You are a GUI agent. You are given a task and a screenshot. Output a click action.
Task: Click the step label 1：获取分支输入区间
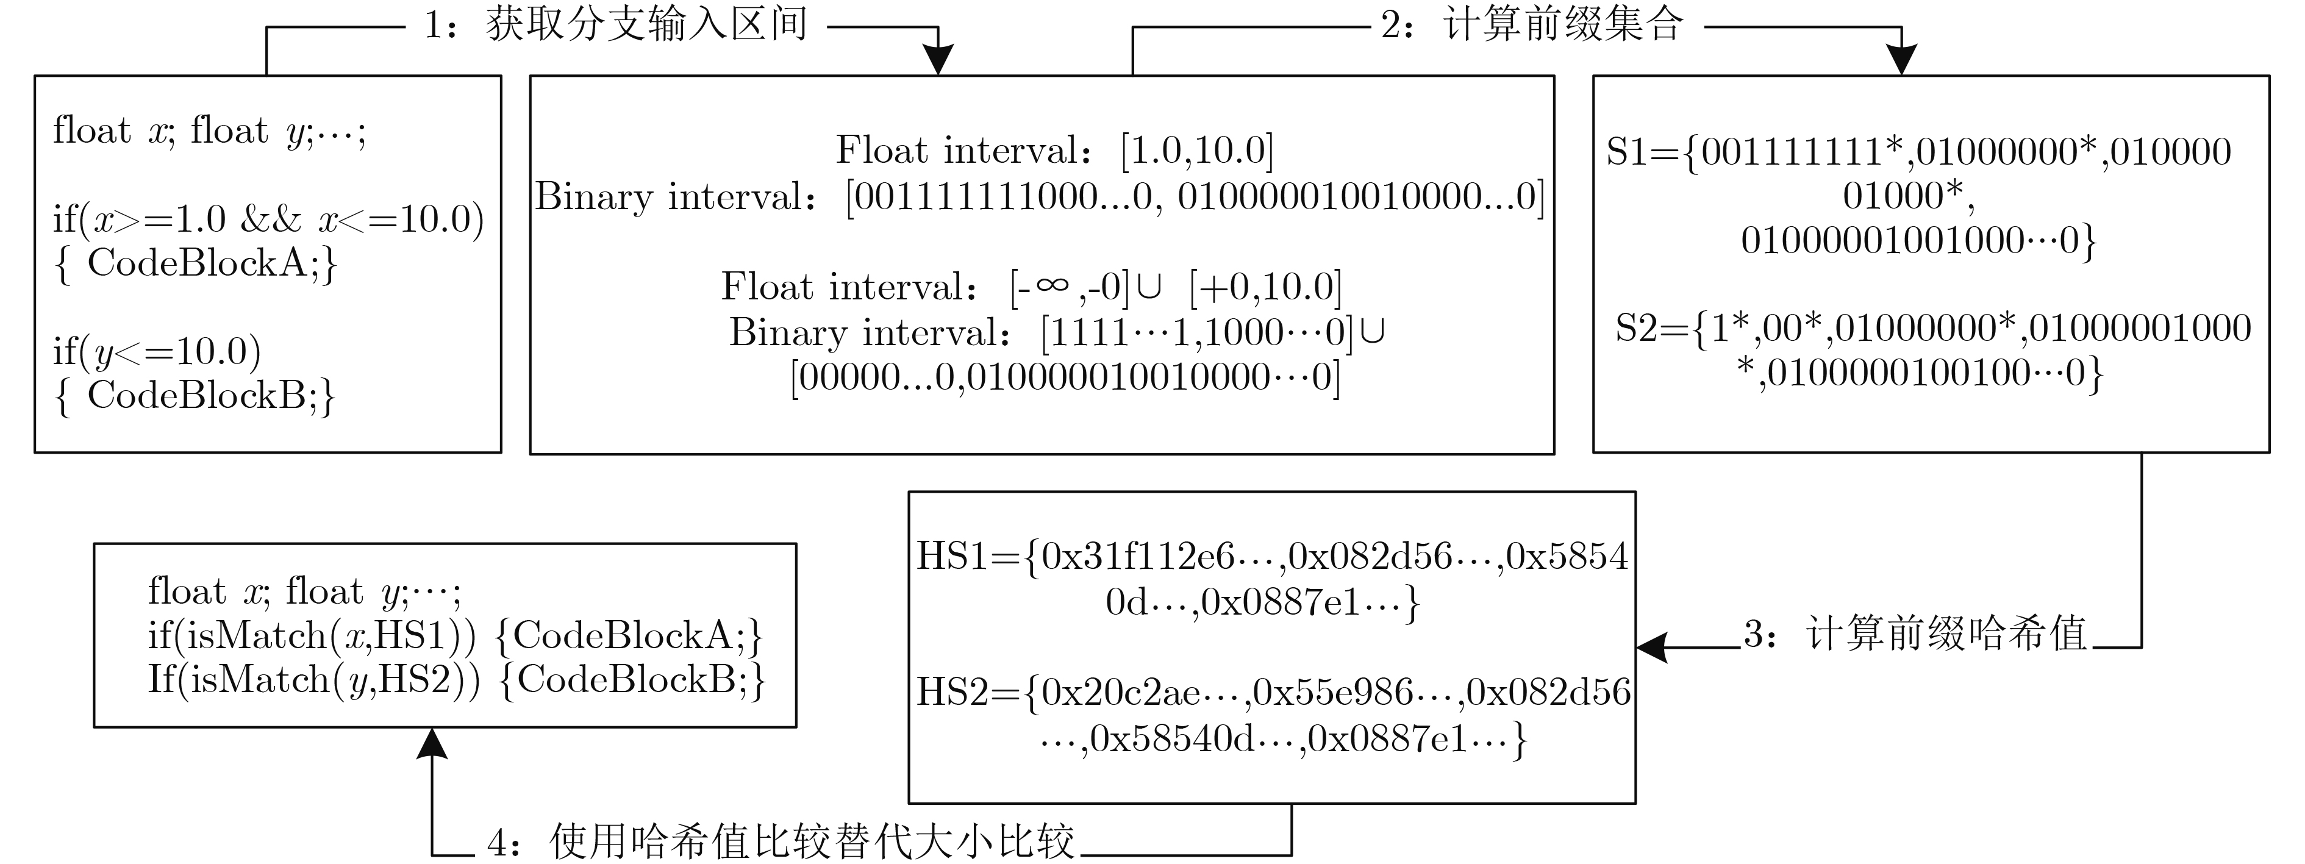click(616, 25)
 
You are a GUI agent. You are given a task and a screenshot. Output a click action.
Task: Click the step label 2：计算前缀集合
click(1532, 25)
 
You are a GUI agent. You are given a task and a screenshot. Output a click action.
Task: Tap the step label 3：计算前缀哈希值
click(1915, 634)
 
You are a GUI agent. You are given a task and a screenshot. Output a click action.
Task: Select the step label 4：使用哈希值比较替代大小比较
click(781, 841)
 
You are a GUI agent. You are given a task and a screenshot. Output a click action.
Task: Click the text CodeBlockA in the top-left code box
click(197, 263)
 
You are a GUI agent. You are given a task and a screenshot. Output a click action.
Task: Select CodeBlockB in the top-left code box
click(197, 395)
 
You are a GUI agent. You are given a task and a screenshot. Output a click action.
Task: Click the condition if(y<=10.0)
click(157, 351)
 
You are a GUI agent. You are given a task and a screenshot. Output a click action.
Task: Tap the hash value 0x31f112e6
click(1137, 556)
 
